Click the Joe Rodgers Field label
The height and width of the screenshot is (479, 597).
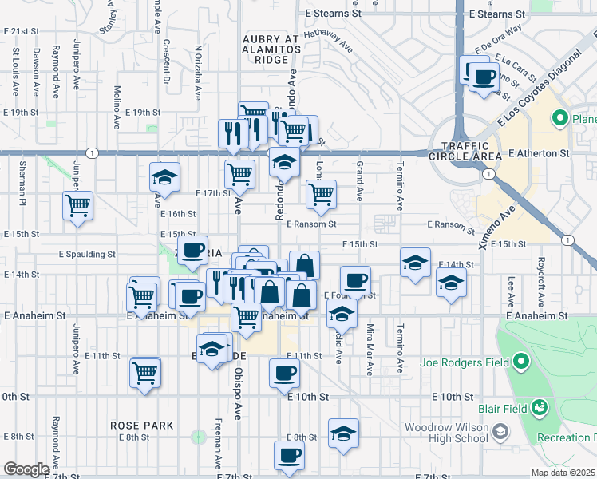click(461, 362)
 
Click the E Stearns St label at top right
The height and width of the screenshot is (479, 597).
click(497, 14)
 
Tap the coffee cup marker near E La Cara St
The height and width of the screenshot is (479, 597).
click(483, 78)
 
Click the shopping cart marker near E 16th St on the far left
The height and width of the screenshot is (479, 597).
click(78, 205)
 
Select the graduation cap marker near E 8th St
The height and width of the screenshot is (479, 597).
click(343, 433)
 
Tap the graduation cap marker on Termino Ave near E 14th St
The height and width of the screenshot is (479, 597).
click(415, 263)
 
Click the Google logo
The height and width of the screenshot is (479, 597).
click(26, 469)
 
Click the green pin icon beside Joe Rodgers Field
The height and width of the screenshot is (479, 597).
click(521, 362)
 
